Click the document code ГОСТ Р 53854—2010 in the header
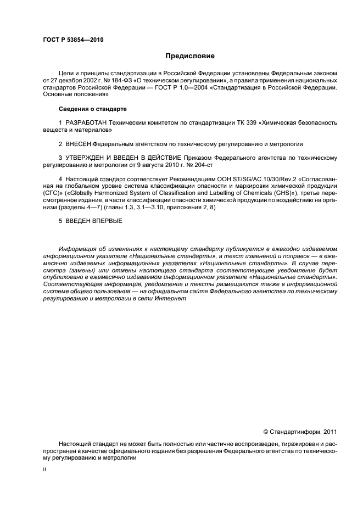click(x=73, y=40)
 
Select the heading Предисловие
click(x=191, y=56)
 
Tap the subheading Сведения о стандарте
click(x=92, y=109)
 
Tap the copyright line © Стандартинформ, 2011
click(x=299, y=432)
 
